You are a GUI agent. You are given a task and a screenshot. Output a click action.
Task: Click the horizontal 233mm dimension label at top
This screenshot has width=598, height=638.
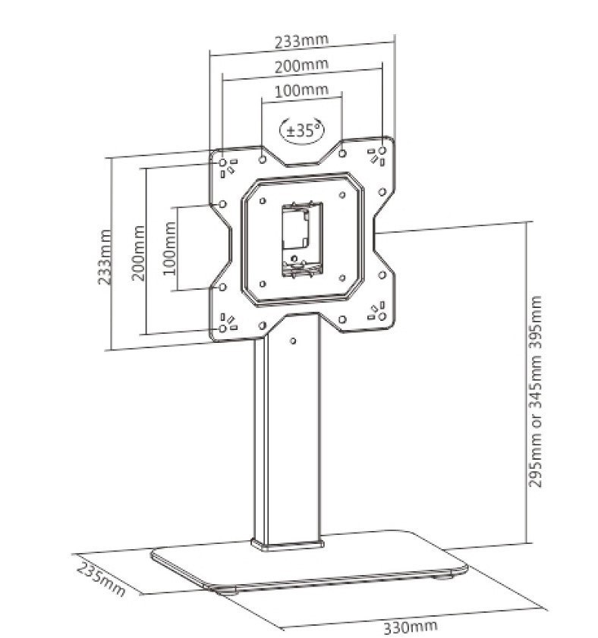click(301, 41)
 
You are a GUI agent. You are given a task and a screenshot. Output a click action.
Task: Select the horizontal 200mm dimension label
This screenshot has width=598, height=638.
click(301, 66)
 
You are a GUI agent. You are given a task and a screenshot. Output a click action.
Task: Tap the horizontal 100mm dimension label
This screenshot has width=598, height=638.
click(301, 90)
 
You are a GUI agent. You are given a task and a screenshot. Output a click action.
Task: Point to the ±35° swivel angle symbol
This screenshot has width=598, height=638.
click(302, 130)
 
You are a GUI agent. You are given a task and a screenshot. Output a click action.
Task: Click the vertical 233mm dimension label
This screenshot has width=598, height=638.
click(105, 256)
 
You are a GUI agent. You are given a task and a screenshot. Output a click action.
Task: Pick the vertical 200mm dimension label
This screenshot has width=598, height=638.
click(138, 253)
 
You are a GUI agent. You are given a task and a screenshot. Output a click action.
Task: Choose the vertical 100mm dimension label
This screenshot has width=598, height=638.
click(169, 248)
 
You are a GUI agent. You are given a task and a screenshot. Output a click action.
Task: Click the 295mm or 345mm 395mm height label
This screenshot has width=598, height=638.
click(535, 391)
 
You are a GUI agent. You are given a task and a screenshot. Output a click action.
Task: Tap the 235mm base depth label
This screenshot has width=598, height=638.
click(100, 579)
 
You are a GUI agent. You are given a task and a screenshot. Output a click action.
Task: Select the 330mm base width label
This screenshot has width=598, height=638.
click(411, 627)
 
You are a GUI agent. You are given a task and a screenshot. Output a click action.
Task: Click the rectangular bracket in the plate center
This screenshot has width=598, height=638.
click(303, 239)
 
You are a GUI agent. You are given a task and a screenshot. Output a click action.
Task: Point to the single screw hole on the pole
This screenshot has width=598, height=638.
click(293, 341)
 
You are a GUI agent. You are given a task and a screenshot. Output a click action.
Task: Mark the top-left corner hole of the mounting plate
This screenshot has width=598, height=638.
click(222, 163)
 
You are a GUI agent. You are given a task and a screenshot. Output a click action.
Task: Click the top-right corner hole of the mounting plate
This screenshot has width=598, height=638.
click(382, 150)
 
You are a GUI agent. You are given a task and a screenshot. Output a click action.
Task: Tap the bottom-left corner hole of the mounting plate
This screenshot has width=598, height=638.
click(222, 328)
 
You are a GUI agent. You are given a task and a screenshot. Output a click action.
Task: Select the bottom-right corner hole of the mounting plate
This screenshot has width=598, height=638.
click(382, 316)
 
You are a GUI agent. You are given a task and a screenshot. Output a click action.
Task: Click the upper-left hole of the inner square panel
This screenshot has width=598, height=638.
click(263, 200)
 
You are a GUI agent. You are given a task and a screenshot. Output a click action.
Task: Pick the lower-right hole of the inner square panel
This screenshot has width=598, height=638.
click(342, 278)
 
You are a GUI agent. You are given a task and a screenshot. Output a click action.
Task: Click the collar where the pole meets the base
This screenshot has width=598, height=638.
click(288, 544)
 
